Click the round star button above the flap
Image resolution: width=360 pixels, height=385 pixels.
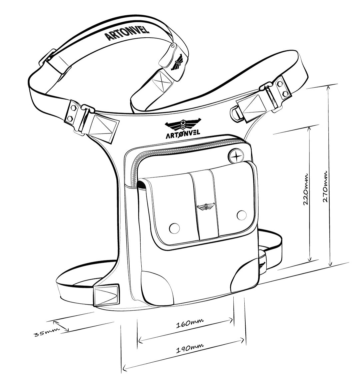[237, 156]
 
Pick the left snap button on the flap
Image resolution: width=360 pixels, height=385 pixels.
[174, 228]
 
